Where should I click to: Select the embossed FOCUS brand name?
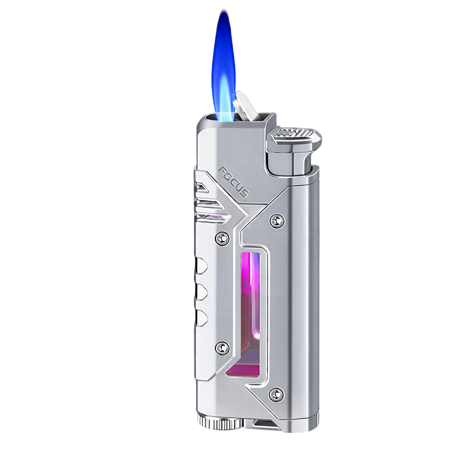coord(234,182)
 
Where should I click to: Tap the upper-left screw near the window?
coord(222,238)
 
